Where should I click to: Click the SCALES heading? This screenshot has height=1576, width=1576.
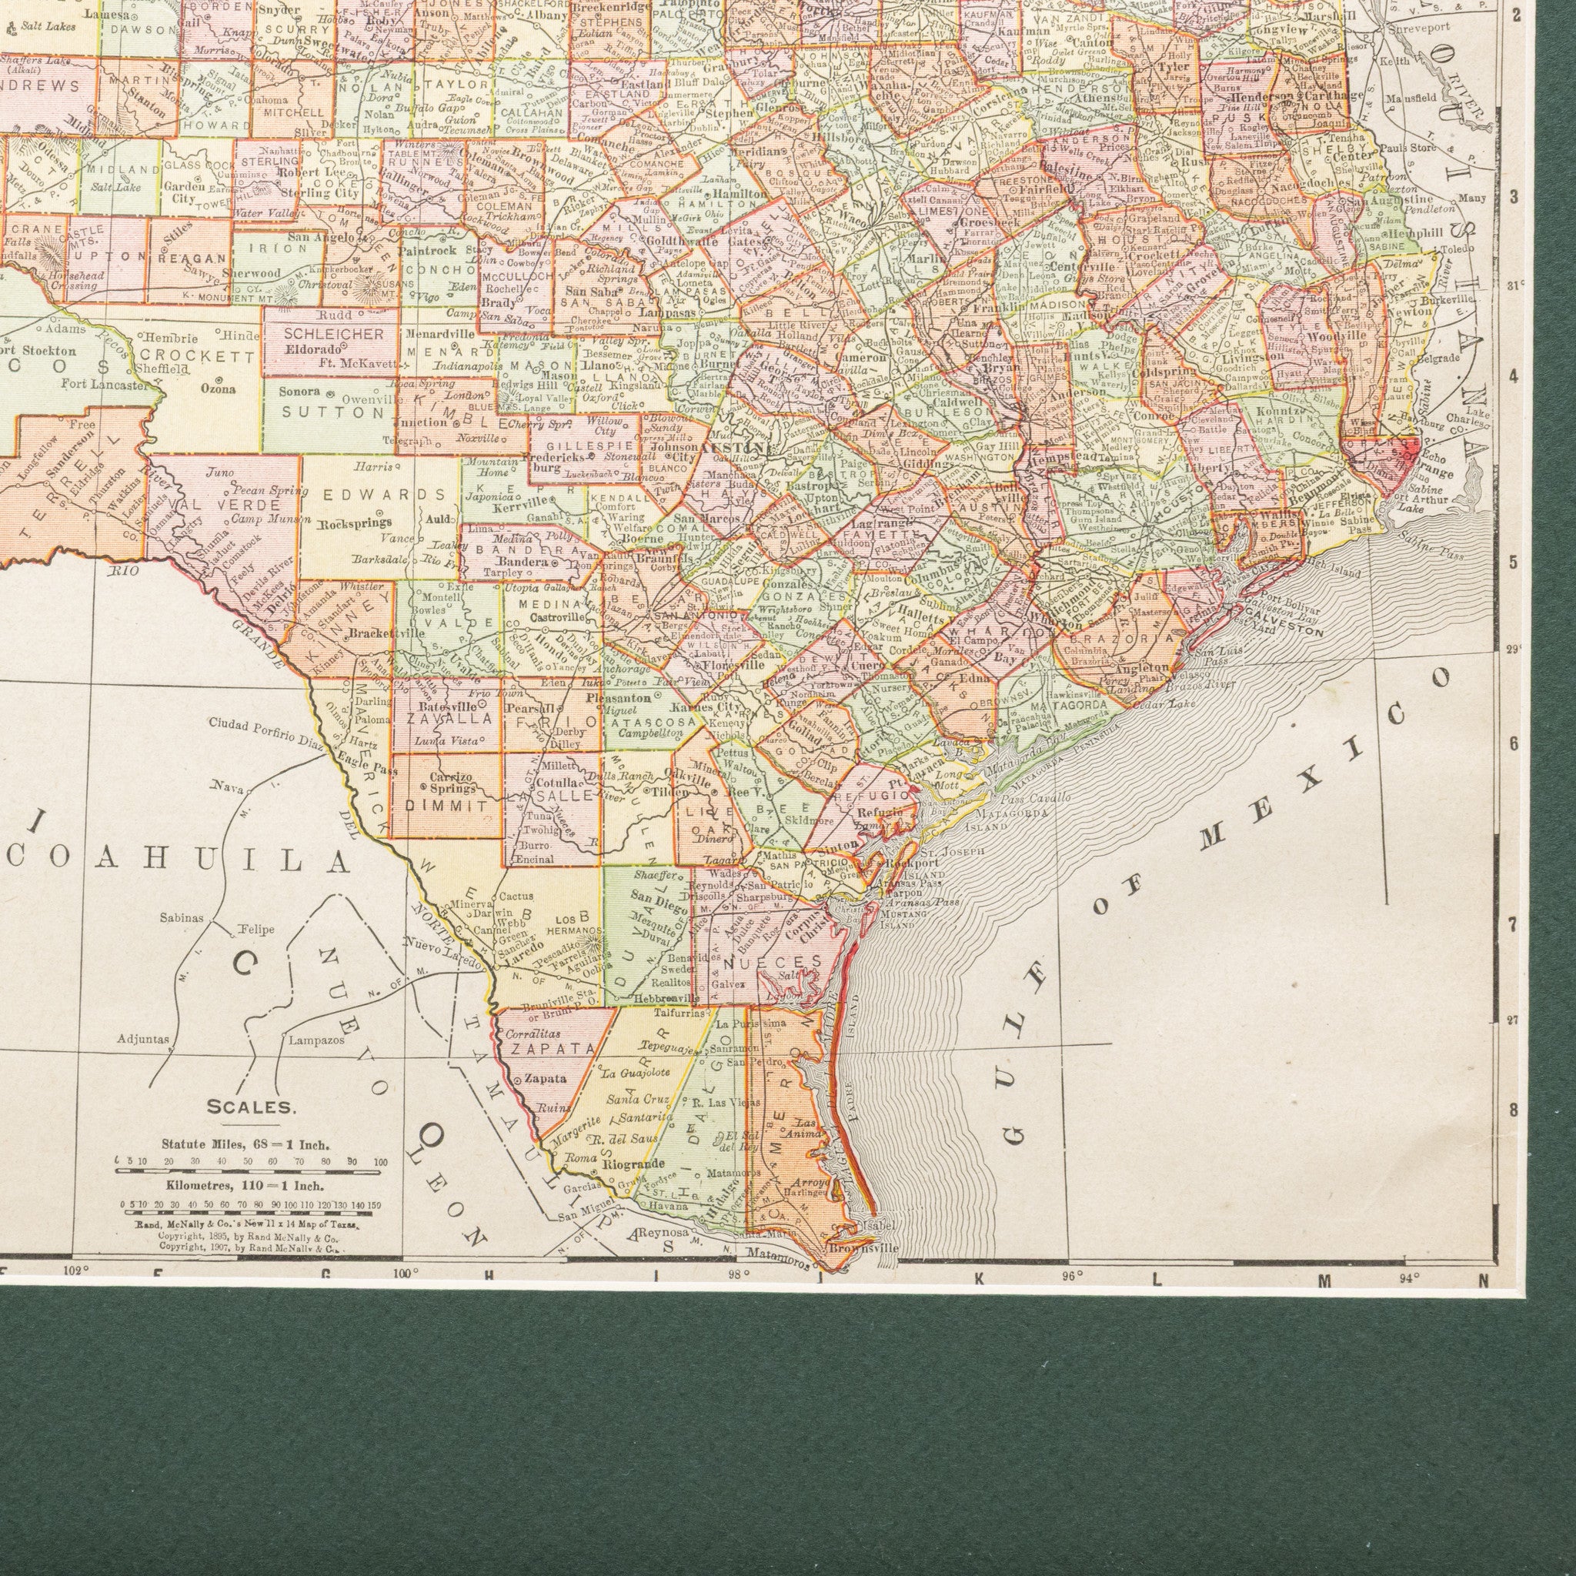click(250, 1108)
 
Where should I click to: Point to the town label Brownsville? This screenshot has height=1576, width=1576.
click(863, 1248)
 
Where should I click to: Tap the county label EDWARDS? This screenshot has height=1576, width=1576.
click(385, 495)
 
